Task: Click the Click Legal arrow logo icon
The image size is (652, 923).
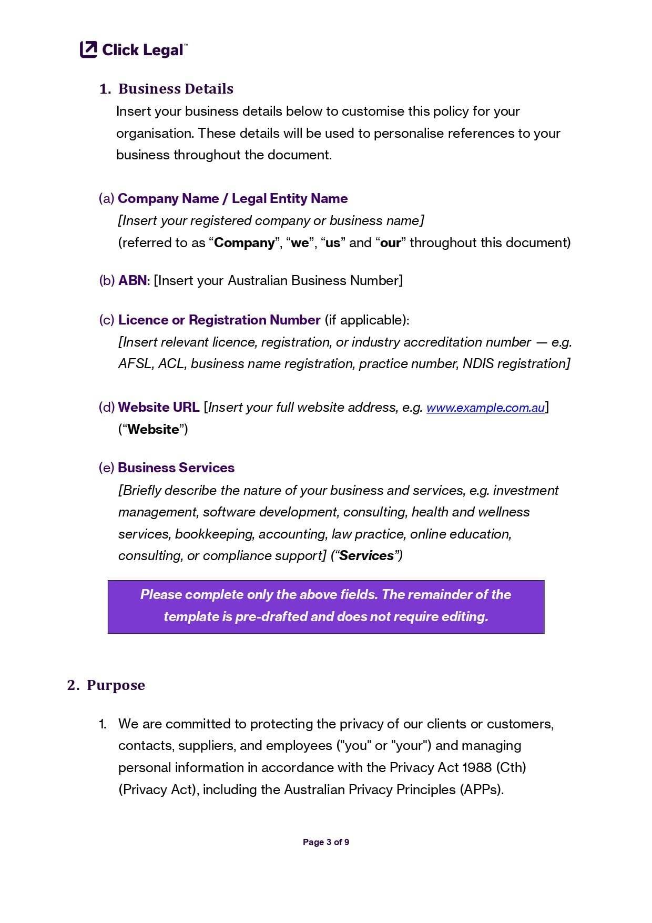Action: pyautogui.click(x=88, y=49)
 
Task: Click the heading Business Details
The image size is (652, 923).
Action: pyautogui.click(x=176, y=89)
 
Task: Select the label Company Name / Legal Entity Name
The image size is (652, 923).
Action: pyautogui.click(x=232, y=198)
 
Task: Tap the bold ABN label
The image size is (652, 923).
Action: pyautogui.click(x=133, y=280)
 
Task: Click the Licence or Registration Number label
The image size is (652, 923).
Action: pyautogui.click(x=219, y=320)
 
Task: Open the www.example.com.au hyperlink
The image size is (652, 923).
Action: pyautogui.click(x=485, y=408)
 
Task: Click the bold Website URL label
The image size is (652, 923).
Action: pyautogui.click(x=159, y=407)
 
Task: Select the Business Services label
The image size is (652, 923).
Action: pyautogui.click(x=176, y=468)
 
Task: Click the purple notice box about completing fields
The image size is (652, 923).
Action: pyautogui.click(x=325, y=606)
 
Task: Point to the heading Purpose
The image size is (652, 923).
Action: pyautogui.click(x=116, y=685)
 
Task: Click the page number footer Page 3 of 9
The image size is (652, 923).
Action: pyautogui.click(x=325, y=842)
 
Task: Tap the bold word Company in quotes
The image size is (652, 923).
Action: pyautogui.click(x=244, y=242)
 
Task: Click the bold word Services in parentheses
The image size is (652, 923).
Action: pyautogui.click(x=366, y=556)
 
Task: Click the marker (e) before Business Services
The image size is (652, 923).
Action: pyautogui.click(x=106, y=468)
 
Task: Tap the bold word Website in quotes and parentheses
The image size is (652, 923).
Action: pyautogui.click(x=153, y=429)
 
